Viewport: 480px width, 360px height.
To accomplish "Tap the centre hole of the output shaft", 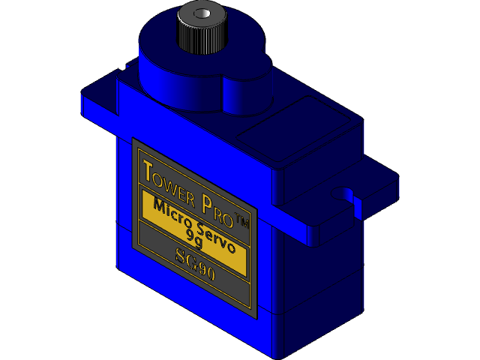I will [x=200, y=14].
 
